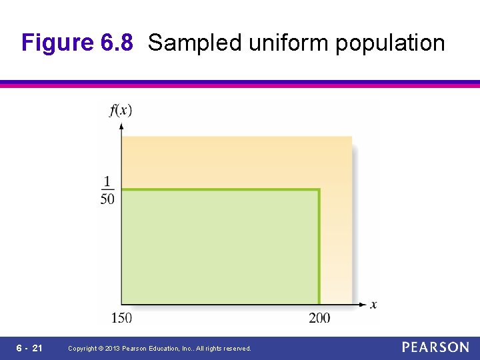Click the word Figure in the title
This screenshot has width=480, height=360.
click(58, 43)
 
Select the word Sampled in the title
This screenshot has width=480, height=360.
click(195, 43)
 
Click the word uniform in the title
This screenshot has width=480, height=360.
click(289, 43)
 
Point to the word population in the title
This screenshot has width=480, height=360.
click(390, 43)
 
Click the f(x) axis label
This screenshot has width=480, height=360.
click(121, 110)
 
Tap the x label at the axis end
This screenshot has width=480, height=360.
click(373, 305)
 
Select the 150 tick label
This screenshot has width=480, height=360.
click(121, 318)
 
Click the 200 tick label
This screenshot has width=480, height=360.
click(319, 318)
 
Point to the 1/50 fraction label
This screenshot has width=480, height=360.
click(107, 190)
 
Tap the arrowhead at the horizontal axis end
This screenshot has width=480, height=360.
click(363, 305)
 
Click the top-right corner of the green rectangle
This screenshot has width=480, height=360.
click(319, 190)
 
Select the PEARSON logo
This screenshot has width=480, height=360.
click(435, 347)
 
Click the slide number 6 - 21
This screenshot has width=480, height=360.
click(29, 348)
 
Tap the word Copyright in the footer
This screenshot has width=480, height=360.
click(83, 349)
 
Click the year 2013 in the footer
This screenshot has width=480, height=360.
click(114, 349)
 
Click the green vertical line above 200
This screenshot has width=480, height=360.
click(319, 247)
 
